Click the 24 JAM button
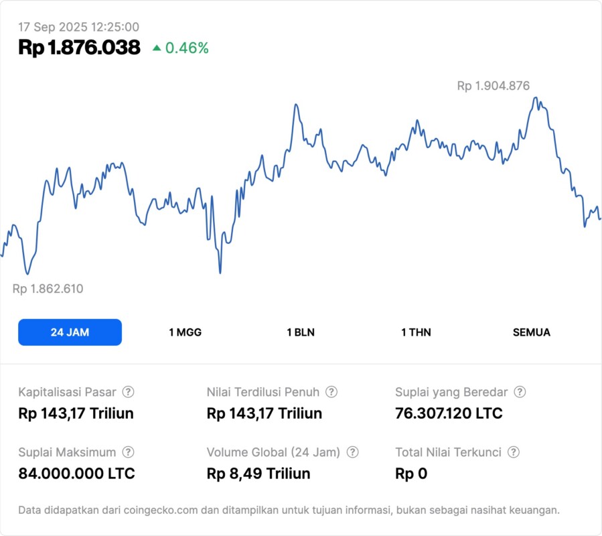(x=70, y=332)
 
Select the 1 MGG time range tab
(x=185, y=332)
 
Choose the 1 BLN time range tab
(x=301, y=332)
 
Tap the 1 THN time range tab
(x=416, y=332)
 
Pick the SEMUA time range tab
(x=531, y=332)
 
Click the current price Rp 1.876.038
(x=79, y=48)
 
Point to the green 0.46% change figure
(x=187, y=48)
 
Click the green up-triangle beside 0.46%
(x=157, y=48)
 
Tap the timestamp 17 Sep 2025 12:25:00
(x=78, y=27)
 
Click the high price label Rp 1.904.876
(x=493, y=86)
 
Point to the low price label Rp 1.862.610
(x=48, y=289)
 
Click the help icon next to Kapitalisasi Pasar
(x=128, y=392)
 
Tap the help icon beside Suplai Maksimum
(x=128, y=452)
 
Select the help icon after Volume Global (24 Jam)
(x=352, y=452)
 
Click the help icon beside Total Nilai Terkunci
(x=514, y=452)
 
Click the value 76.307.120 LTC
(x=449, y=413)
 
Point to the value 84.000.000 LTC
(x=76, y=474)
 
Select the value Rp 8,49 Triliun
(x=258, y=474)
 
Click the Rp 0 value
(x=411, y=474)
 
